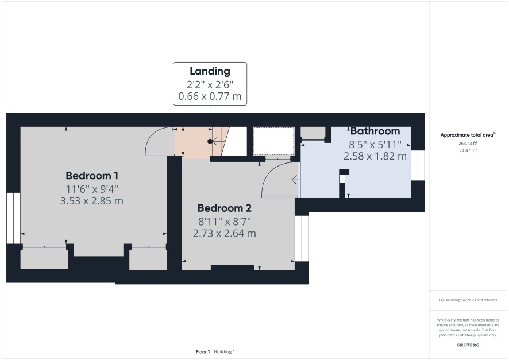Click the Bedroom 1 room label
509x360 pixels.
tap(92, 176)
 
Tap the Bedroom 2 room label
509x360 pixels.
tap(224, 208)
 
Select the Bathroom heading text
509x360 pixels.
tap(375, 131)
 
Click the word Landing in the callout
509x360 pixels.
tap(210, 71)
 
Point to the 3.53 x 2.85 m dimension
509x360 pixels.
tap(91, 201)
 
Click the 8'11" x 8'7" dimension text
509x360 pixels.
tap(225, 222)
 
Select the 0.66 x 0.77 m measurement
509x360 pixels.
tap(210, 96)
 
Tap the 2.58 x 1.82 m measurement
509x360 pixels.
tap(375, 156)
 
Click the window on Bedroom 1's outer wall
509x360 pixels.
tap(13, 218)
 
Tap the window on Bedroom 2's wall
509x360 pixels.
tap(302, 238)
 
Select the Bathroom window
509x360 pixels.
tap(418, 165)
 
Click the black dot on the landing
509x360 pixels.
tap(210, 141)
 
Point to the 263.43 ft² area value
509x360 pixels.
tap(468, 143)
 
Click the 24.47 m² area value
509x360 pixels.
tap(468, 150)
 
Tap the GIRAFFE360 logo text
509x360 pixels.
tap(468, 345)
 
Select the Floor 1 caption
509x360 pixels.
tap(203, 351)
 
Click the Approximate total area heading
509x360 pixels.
tap(468, 135)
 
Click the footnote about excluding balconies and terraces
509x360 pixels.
tap(468, 300)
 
